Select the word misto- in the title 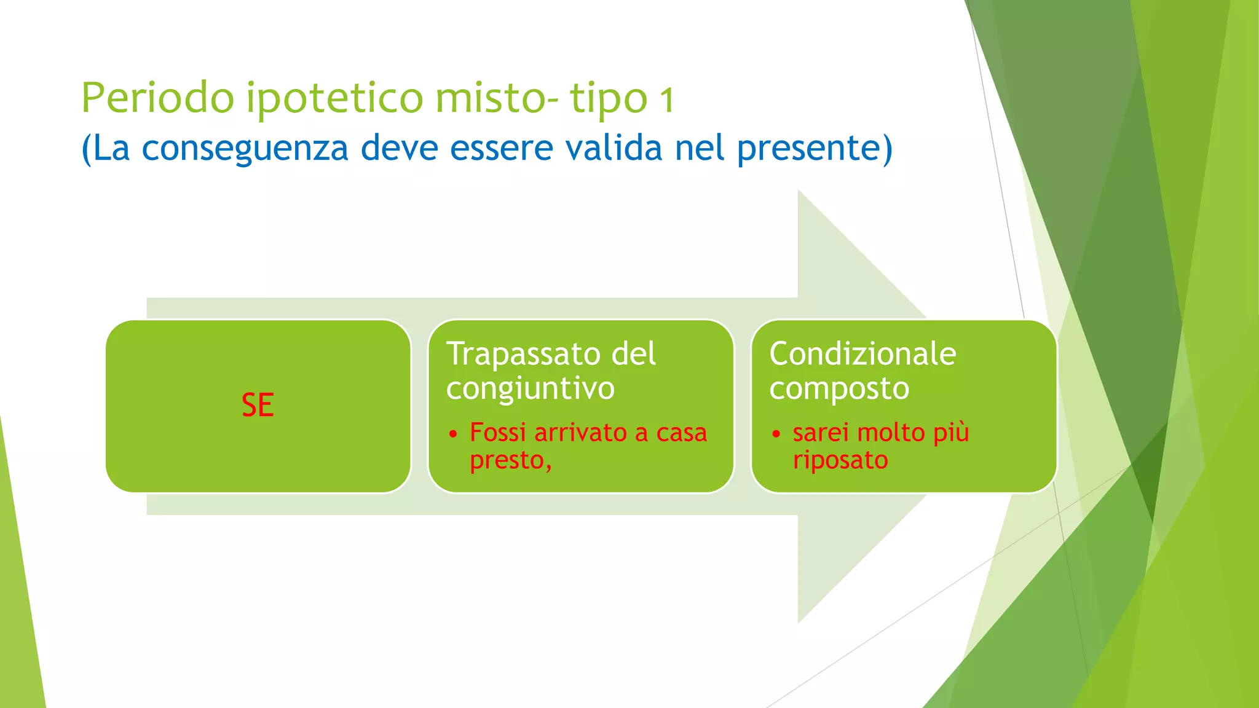pos(497,98)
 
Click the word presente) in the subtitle pos(815,149)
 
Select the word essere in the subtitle pos(502,148)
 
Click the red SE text pos(258,406)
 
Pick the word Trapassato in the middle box pos(515,355)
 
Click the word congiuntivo pos(530,389)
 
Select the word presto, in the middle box pos(510,460)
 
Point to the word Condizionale pos(862,355)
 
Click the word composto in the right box pos(839,389)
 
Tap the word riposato pos(840,460)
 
